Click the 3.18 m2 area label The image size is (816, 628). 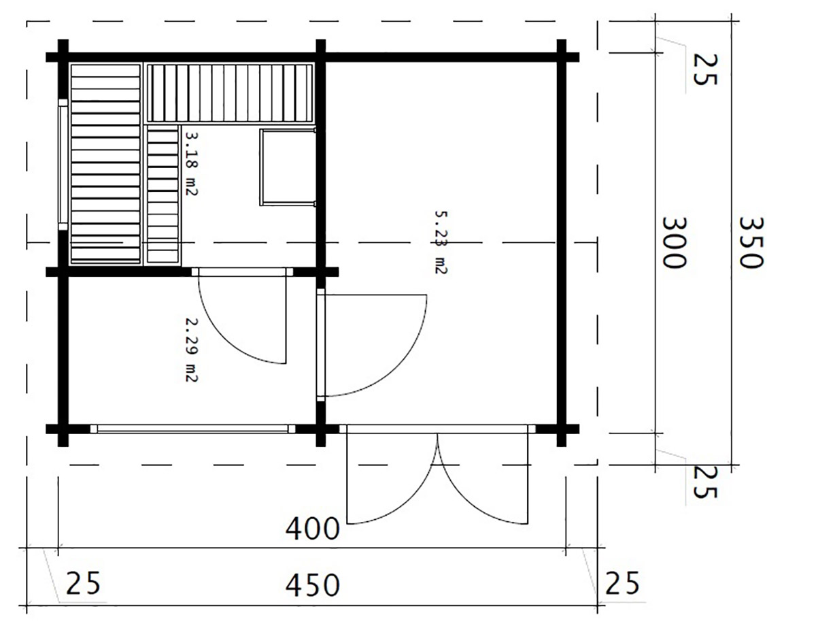191,163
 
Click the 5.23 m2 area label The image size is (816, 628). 441,242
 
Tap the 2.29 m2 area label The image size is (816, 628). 191,350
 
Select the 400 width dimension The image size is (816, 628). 312,529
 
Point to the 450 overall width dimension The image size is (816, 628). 312,585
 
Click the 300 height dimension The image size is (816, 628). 674,242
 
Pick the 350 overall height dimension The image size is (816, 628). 751,242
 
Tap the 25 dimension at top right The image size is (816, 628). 705,69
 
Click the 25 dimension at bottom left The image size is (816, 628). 83,582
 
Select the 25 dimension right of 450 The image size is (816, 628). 622,582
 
